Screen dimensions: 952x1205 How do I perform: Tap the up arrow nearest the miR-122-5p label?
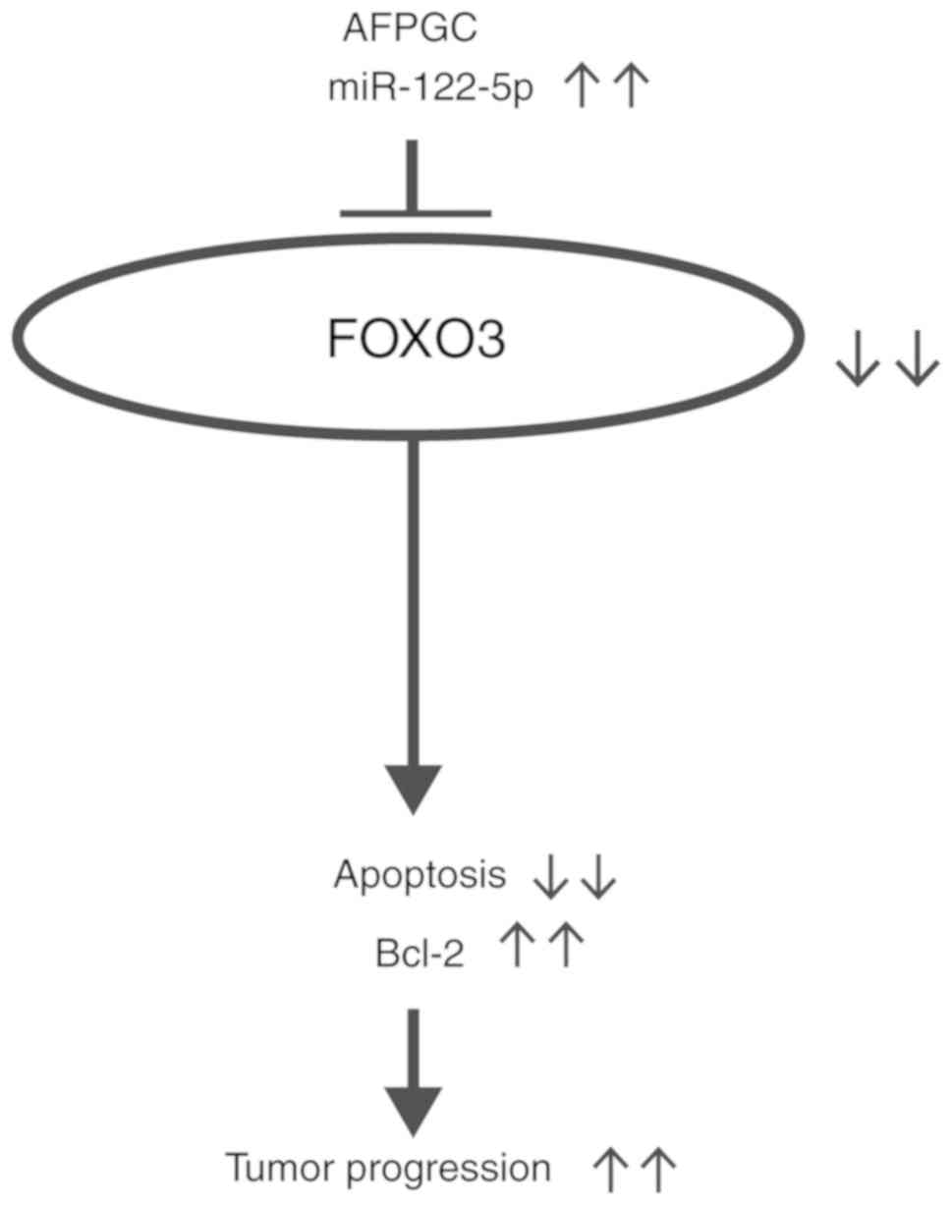583,88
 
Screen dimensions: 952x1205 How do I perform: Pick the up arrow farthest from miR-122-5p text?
630,88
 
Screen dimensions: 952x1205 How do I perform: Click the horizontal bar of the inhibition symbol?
414,211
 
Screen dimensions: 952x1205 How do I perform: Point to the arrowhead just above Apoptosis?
413,786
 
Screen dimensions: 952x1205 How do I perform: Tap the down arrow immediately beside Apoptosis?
551,876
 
